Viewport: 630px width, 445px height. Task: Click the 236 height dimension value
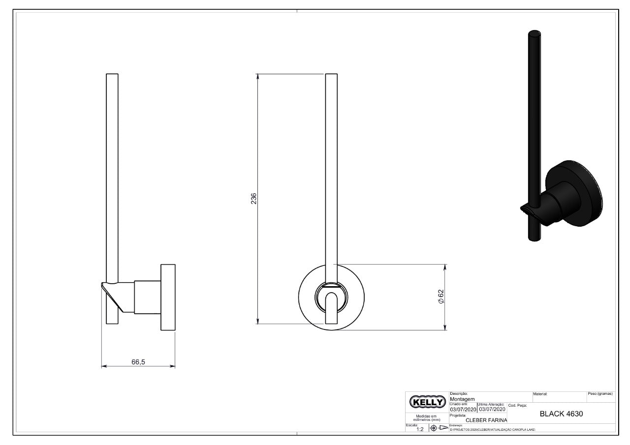point(254,199)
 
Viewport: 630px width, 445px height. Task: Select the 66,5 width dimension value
point(138,361)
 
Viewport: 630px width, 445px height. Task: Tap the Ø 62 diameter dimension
point(441,297)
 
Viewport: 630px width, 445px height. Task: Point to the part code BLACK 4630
point(561,414)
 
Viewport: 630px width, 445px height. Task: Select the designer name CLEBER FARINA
point(486,420)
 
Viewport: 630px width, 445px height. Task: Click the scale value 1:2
point(420,429)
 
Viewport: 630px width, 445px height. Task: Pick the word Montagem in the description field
point(463,399)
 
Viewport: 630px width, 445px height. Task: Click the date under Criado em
point(463,409)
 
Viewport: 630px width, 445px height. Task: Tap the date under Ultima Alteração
point(492,409)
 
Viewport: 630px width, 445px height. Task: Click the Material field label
point(540,394)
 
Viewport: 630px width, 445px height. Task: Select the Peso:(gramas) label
point(600,394)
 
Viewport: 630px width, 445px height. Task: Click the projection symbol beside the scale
point(439,428)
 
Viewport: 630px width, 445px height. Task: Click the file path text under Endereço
point(492,429)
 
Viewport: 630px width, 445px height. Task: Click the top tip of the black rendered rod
point(535,34)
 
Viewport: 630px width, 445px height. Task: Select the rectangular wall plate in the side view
point(167,297)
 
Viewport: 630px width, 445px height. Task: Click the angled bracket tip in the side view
point(104,285)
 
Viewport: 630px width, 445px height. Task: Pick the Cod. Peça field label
point(517,406)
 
